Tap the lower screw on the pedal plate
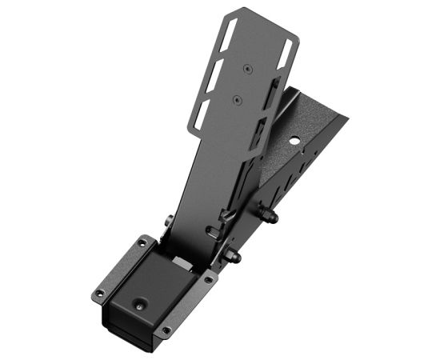(237, 101)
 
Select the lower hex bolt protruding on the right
(235, 257)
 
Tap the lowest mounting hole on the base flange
(166, 330)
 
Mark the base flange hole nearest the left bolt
(142, 242)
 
